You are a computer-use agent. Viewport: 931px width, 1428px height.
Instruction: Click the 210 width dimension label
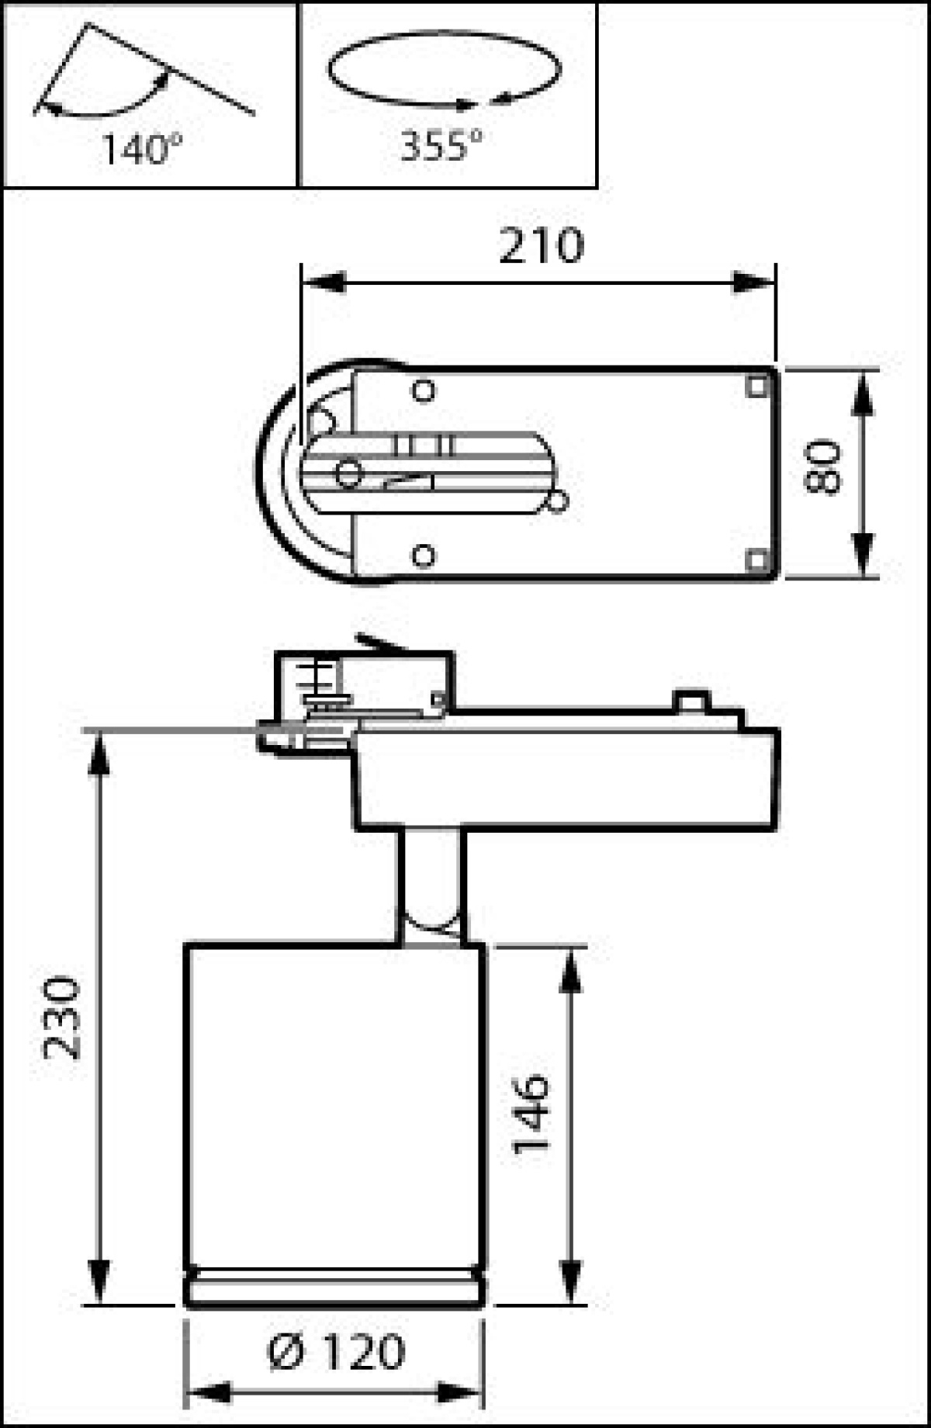[540, 246]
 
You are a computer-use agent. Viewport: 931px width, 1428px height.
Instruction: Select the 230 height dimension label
[61, 1017]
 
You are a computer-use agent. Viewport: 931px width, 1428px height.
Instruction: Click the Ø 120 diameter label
[336, 1351]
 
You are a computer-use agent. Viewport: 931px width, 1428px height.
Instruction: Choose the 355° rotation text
[440, 144]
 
